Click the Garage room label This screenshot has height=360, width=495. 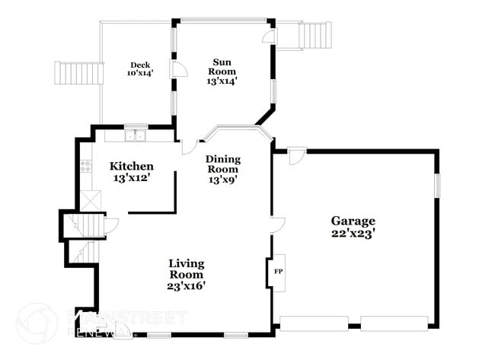(x=353, y=221)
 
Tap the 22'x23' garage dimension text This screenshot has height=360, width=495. (x=353, y=234)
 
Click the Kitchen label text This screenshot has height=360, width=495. (x=132, y=166)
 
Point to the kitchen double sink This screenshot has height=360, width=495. (x=136, y=136)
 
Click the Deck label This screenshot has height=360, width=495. (x=139, y=65)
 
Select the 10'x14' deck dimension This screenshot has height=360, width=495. (x=140, y=74)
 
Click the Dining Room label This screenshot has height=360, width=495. (x=223, y=164)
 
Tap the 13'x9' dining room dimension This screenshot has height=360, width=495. (x=223, y=180)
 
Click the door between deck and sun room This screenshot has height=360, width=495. (x=179, y=71)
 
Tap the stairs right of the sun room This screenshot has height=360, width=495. (x=314, y=35)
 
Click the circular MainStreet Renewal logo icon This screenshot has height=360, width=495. (x=36, y=321)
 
